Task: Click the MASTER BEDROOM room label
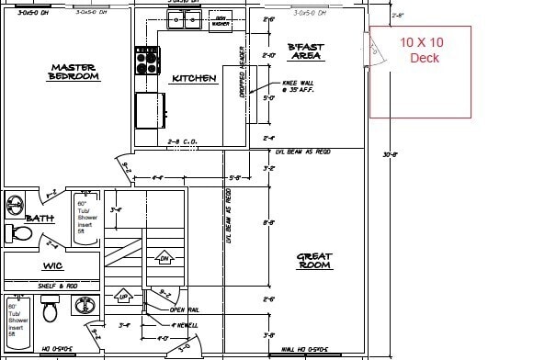74,72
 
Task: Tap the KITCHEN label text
194,79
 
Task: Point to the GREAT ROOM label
314,261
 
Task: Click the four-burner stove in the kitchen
147,61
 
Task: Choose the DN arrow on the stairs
165,257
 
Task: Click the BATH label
40,218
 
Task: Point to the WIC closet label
51,266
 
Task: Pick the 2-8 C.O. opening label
183,141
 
